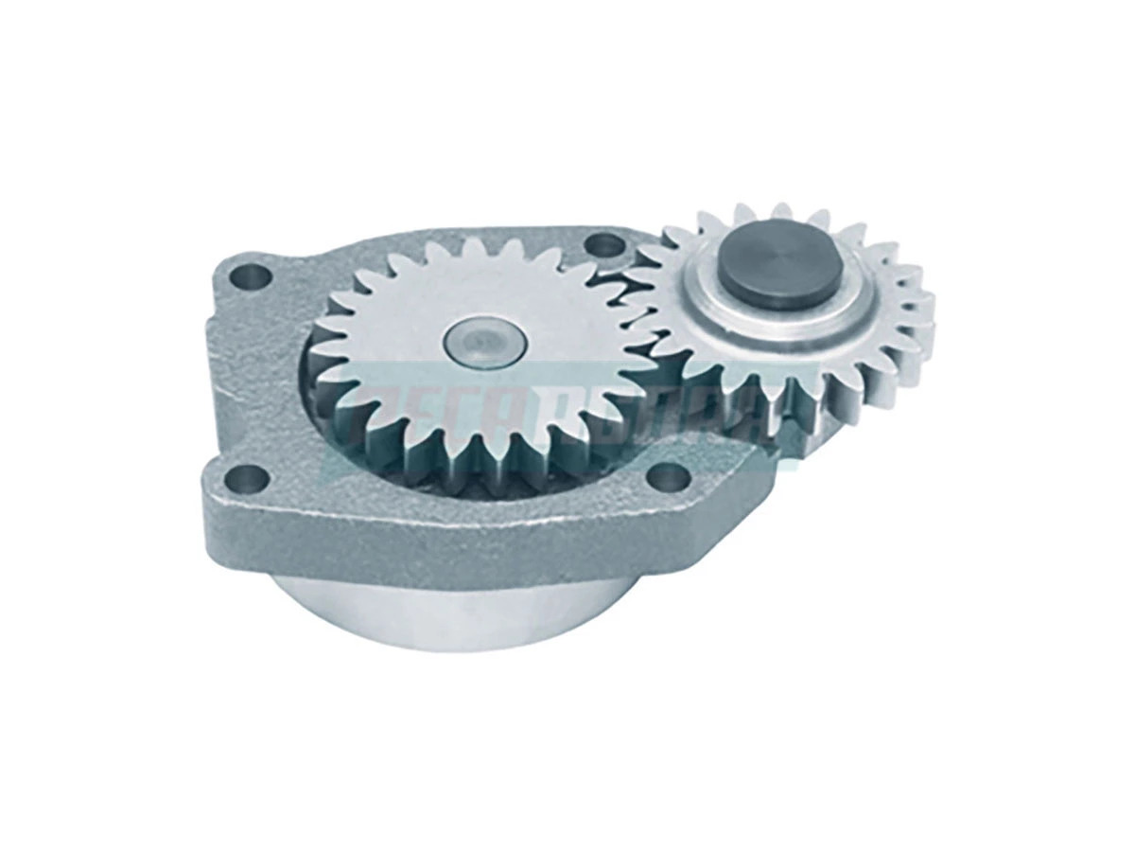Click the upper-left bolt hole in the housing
pyautogui.click(x=253, y=277)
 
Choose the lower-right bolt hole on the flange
pyautogui.click(x=666, y=472)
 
